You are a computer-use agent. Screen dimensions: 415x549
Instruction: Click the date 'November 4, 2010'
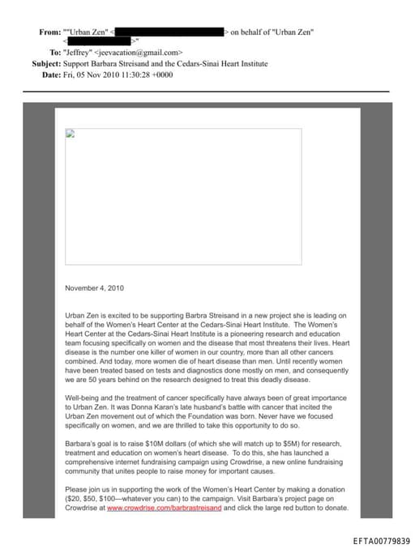tap(95, 287)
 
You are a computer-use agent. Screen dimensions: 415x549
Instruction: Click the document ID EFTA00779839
tap(382, 539)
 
